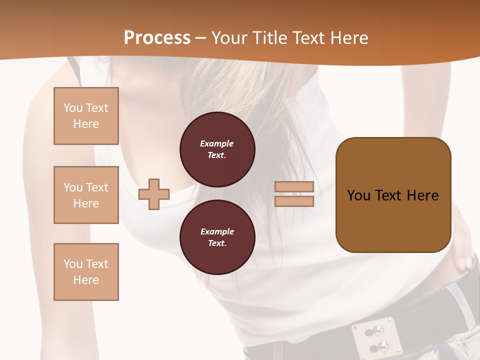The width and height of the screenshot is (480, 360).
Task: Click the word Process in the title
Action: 157,38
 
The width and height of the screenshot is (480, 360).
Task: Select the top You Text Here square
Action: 86,116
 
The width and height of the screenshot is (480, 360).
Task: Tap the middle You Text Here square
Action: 86,195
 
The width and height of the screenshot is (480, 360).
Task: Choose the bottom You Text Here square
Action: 86,272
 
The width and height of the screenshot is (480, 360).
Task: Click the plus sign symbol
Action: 154,194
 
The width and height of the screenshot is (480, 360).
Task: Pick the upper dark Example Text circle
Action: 217,149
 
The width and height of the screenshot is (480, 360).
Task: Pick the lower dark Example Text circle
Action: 217,237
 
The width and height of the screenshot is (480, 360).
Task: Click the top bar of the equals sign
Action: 294,186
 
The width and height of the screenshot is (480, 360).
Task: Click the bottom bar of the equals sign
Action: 294,201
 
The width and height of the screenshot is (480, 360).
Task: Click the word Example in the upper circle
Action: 217,143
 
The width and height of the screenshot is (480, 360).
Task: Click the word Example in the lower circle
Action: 217,231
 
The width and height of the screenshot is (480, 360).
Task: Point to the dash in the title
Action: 201,38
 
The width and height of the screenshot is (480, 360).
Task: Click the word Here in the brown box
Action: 422,195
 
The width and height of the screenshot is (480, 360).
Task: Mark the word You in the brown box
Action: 358,195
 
